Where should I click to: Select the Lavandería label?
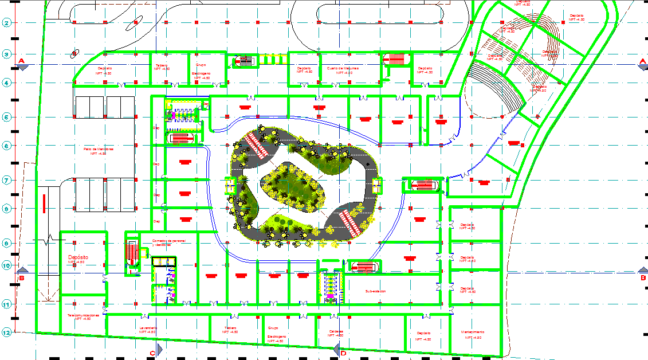[x=148, y=328]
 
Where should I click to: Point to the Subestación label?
[x=375, y=291]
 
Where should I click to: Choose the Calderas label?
[x=336, y=331]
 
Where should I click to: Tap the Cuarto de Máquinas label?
[x=344, y=68]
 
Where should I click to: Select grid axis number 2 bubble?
[x=7, y=23]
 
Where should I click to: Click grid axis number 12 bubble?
[x=7, y=332]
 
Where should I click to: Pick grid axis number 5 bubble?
[x=7, y=118]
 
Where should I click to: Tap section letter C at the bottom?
[x=152, y=353]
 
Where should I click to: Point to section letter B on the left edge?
[x=22, y=279]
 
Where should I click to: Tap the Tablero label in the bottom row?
[x=230, y=329]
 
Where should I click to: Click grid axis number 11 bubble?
[x=7, y=304]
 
